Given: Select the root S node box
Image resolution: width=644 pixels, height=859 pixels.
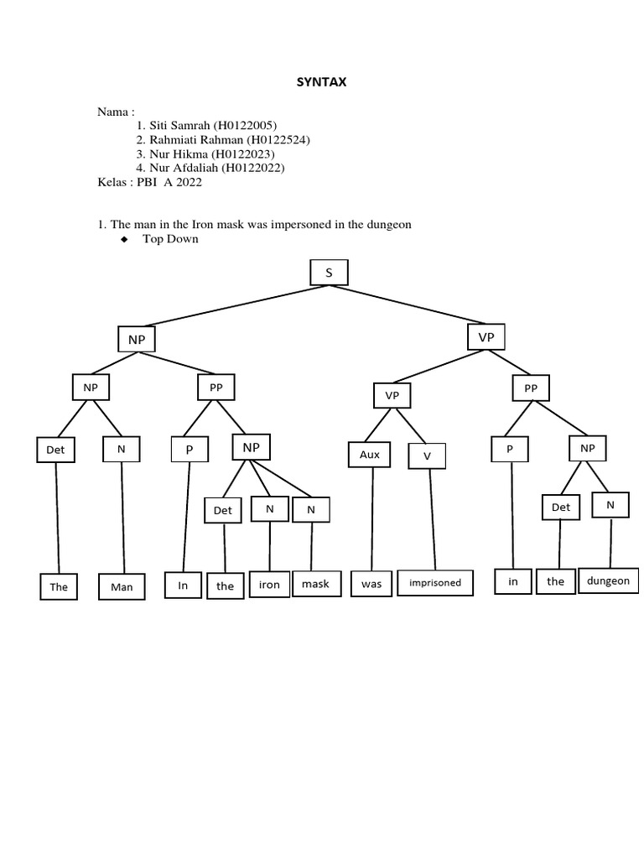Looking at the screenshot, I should tap(328, 273).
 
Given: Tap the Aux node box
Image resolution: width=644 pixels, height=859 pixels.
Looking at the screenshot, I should tap(370, 456).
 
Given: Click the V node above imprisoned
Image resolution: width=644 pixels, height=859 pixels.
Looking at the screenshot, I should tap(427, 456).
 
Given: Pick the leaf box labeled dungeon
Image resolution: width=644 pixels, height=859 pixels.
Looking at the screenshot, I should tap(608, 580).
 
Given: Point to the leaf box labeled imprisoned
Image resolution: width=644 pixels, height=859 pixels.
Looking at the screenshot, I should tap(435, 582).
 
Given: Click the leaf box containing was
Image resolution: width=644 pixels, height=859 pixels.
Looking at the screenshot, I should tap(371, 583).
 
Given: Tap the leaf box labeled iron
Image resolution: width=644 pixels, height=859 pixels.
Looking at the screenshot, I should tap(269, 585).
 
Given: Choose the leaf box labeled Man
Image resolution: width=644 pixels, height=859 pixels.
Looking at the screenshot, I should tap(122, 587).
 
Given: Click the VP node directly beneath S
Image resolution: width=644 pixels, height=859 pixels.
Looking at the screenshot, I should tap(486, 336).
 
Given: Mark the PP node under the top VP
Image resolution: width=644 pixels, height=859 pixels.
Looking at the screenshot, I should tap(531, 388).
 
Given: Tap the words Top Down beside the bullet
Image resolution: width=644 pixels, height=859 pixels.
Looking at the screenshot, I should tap(171, 239).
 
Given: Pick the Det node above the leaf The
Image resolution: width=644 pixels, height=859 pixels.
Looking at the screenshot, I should tap(55, 450).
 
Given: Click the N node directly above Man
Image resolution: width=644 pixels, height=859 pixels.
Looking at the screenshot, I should tap(121, 450).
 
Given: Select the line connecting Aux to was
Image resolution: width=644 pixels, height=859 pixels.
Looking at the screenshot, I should tap(370, 520).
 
